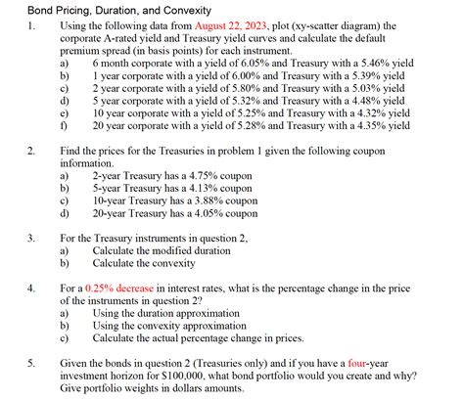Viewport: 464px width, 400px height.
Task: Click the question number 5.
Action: (x=31, y=361)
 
